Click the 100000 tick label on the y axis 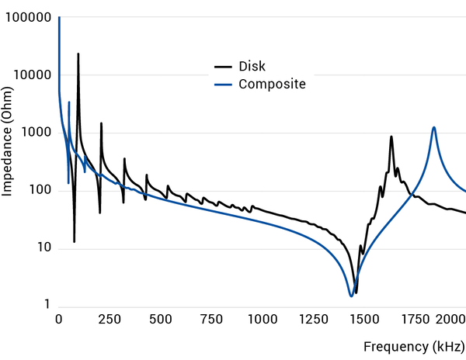pyautogui.click(x=28, y=18)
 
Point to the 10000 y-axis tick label pyautogui.click(x=32, y=75)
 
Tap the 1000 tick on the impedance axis pyautogui.click(x=35, y=133)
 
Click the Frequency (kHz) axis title pyautogui.click(x=414, y=346)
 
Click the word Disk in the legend pyautogui.click(x=252, y=66)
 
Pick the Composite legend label pyautogui.click(x=272, y=84)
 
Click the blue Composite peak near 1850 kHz pyautogui.click(x=433, y=128)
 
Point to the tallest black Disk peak pyautogui.click(x=78, y=55)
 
